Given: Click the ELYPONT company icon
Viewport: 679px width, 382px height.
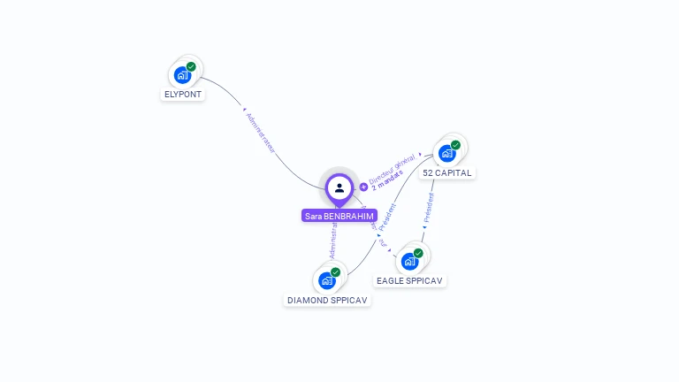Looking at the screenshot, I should pos(183,75).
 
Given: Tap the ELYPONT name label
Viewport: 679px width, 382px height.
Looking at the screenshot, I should pos(183,94).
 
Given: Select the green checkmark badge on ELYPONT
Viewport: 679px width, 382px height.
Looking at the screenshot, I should pos(191,66).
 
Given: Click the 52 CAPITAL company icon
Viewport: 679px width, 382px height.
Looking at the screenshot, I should pos(447,153).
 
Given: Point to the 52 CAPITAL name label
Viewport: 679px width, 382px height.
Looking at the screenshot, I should pos(447,172).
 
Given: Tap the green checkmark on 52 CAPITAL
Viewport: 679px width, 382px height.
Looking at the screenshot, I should pos(455,145).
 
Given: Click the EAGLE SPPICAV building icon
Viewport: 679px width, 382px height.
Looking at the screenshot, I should pos(409,261).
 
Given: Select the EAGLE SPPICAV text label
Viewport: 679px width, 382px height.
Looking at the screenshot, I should pos(409,280).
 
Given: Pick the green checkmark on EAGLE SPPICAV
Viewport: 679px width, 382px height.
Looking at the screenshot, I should pos(418,253).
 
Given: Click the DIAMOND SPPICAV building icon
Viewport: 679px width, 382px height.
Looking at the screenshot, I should pos(327,280).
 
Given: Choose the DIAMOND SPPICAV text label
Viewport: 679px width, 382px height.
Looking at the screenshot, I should pos(327,300).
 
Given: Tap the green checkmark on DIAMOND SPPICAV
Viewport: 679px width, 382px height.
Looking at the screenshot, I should pos(335,272).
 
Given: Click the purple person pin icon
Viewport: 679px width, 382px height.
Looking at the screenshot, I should pos(339,188).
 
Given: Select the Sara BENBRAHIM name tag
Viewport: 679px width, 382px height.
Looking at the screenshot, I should pos(339,216).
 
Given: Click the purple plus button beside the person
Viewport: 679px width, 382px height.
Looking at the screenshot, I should pos(363,187).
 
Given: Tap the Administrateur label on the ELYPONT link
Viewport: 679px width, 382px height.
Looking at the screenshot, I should pos(260,133).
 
